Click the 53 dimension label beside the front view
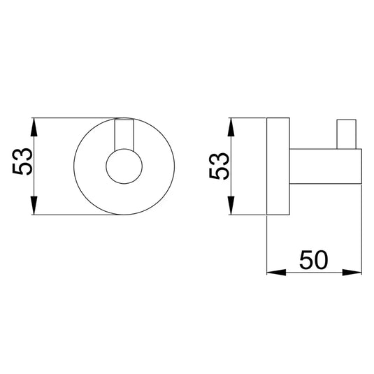(22, 161)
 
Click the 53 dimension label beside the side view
(219, 166)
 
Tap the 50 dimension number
(313, 260)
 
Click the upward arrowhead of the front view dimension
(34, 127)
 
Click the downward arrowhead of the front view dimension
(34, 206)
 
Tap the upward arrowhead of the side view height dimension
(231, 127)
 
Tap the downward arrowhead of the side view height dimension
(231, 206)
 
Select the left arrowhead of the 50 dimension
(276, 272)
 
